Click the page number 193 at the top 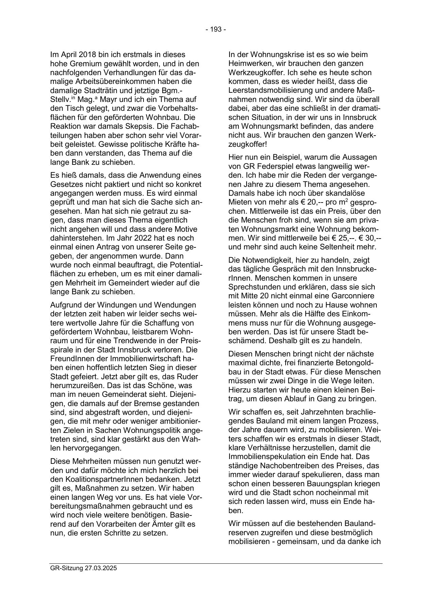(x=215, y=30)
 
